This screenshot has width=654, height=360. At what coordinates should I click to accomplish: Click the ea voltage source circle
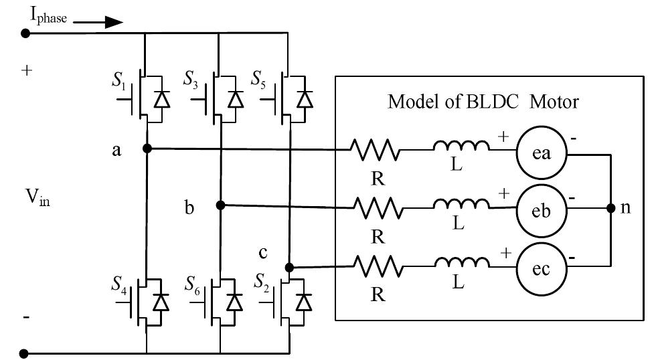click(x=541, y=154)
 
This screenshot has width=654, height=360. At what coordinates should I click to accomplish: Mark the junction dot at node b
click(x=220, y=205)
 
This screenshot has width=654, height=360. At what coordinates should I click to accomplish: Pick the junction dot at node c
click(x=289, y=267)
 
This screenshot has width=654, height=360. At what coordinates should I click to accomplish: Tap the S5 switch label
click(x=258, y=81)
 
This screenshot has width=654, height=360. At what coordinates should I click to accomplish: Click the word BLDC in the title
click(x=501, y=102)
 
